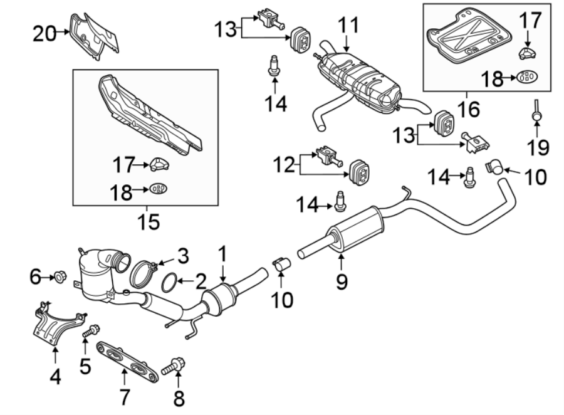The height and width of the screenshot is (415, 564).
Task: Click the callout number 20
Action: tap(44, 34)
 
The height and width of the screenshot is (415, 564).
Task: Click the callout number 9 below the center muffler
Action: tap(341, 282)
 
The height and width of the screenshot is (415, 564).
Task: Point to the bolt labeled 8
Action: tap(172, 366)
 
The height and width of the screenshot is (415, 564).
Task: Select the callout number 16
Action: tap(467, 110)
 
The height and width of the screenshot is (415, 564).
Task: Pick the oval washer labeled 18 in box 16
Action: tap(528, 78)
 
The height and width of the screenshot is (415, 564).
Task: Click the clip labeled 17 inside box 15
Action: tap(159, 165)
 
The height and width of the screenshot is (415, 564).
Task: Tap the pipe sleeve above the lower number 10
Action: tap(281, 265)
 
